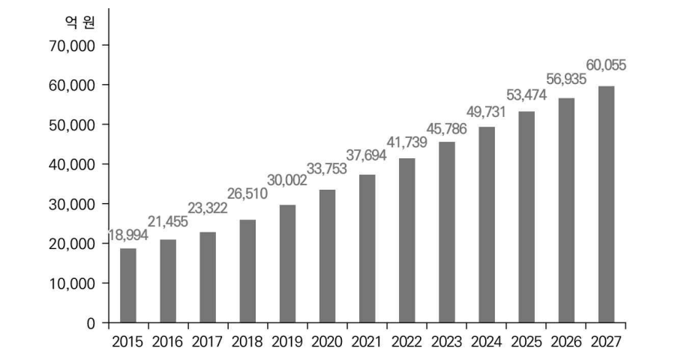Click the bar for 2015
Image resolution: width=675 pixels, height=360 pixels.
click(128, 286)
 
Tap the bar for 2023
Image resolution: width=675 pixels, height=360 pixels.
click(446, 232)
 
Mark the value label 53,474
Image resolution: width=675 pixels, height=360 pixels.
click(525, 94)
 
